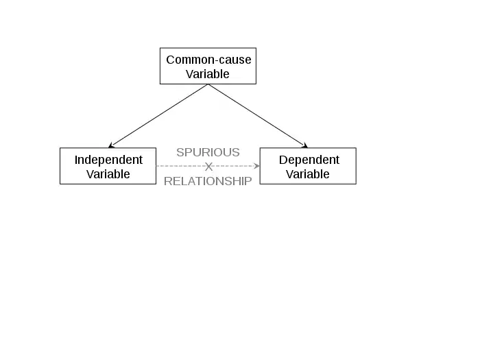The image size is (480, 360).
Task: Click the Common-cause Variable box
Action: point(208,66)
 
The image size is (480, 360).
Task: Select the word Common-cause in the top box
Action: point(208,60)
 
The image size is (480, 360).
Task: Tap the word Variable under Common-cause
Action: point(208,74)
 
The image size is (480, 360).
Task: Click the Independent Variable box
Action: point(108,166)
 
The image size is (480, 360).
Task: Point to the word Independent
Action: point(108,160)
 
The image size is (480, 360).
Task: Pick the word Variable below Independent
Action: point(108,174)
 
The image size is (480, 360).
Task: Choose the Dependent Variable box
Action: point(308,166)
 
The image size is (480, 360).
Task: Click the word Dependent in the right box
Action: point(309,160)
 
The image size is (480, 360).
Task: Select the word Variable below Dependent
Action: point(308,174)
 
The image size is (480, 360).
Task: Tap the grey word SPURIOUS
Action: point(208,152)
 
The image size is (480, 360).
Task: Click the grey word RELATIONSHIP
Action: point(208,182)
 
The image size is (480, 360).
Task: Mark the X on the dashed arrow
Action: point(208,167)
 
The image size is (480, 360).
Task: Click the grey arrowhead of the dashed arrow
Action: point(256,166)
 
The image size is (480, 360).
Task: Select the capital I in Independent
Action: point(76,160)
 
